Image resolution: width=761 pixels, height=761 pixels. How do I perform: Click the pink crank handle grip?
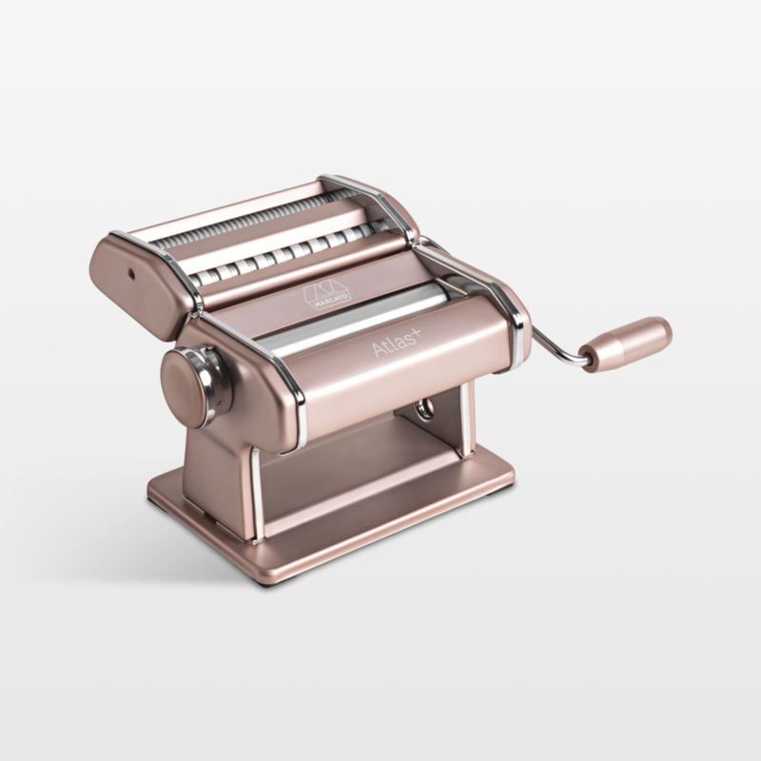tap(626, 344)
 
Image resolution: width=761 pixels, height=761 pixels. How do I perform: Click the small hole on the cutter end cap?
tap(130, 275)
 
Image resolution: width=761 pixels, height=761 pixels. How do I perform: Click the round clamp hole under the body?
tap(426, 408)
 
